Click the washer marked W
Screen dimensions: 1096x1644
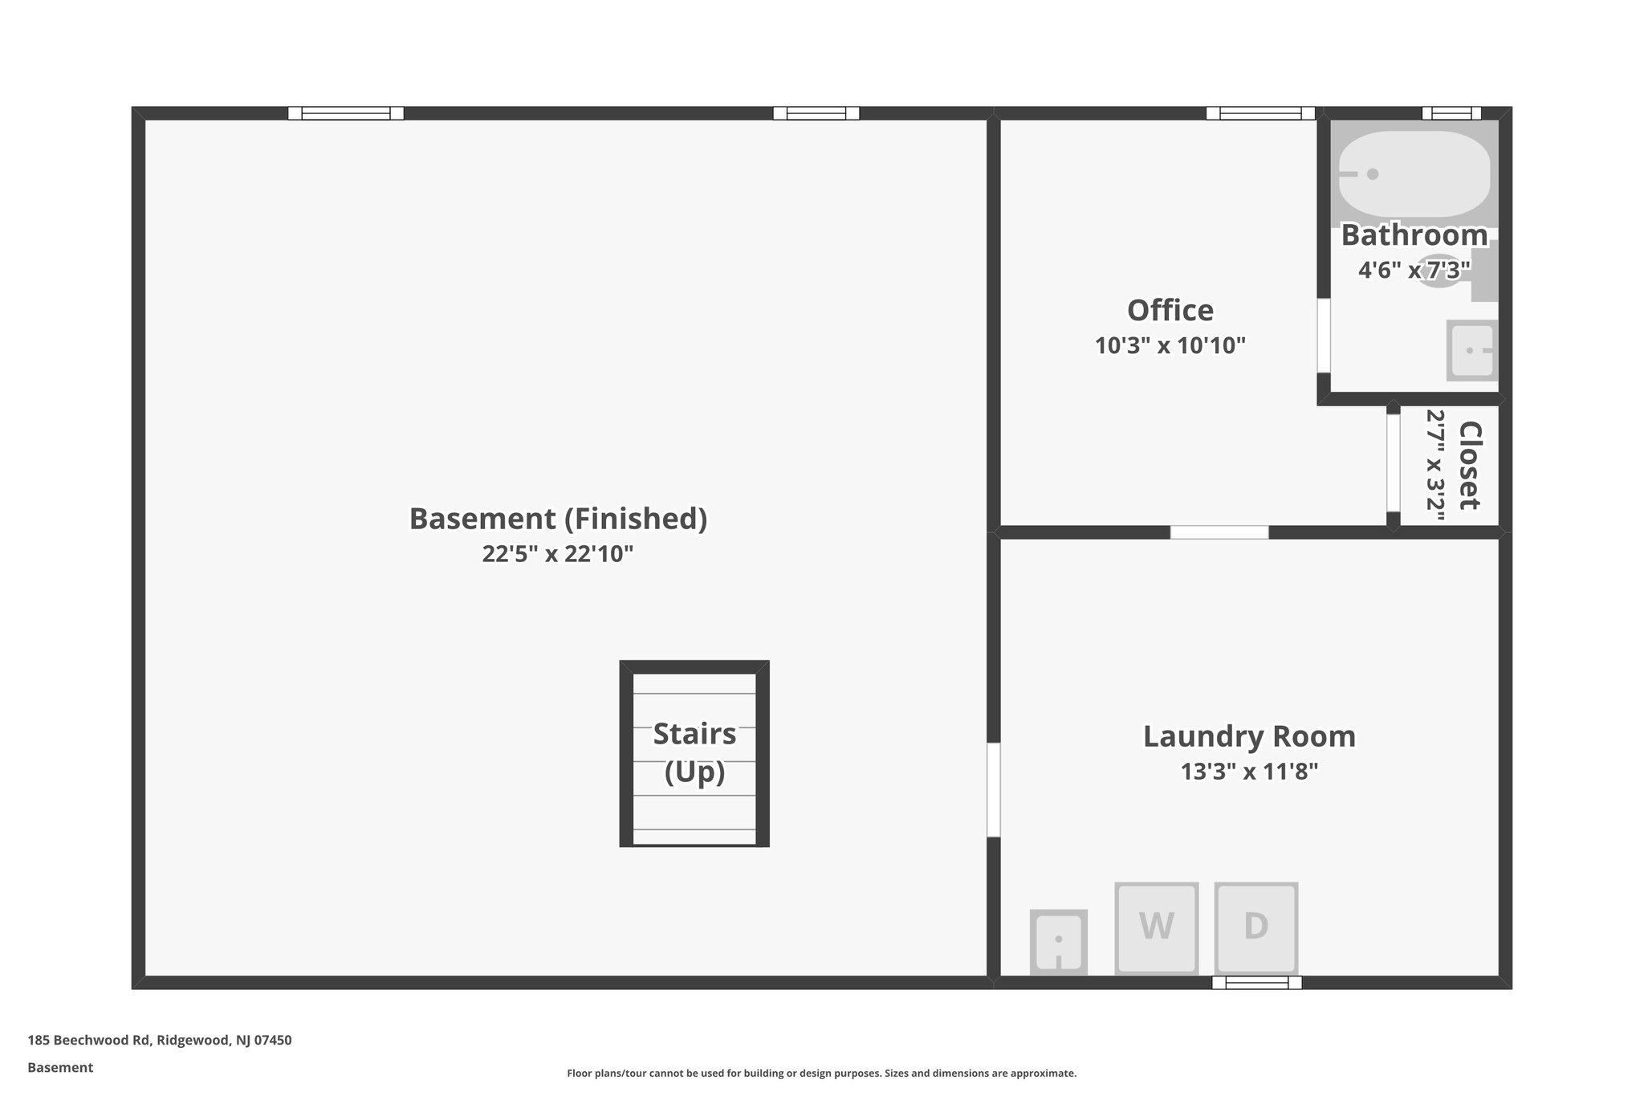point(1156,927)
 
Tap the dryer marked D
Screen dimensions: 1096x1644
point(1255,927)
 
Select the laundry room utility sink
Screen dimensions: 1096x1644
point(1058,941)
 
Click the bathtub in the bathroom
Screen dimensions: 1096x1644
point(1414,173)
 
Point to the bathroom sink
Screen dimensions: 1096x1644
point(1472,350)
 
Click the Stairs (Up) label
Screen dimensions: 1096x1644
point(694,752)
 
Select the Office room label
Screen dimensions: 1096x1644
point(1170,310)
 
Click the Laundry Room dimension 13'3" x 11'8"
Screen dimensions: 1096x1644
point(1249,772)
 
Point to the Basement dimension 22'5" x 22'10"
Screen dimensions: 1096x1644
point(558,554)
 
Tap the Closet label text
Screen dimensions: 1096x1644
point(1470,465)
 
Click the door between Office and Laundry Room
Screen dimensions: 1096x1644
point(1219,532)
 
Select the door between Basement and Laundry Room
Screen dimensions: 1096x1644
point(993,790)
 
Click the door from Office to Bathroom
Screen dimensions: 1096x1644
point(1324,336)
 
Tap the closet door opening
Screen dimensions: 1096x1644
point(1394,462)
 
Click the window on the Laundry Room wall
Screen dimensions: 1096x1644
point(1256,982)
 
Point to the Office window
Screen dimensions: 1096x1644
point(1260,113)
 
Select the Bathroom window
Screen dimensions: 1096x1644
point(1451,113)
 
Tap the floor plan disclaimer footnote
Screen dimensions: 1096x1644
point(821,1074)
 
